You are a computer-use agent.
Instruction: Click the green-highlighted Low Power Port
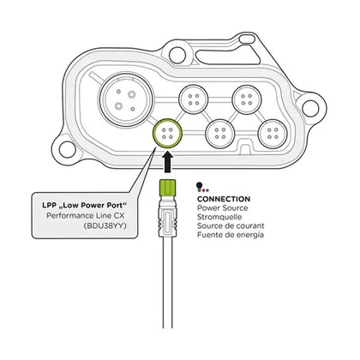167,134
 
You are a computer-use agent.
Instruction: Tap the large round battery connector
126,99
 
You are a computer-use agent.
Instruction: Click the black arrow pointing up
167,161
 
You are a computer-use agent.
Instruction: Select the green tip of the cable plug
167,187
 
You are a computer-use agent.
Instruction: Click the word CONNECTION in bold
224,199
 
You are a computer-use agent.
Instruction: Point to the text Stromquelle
219,217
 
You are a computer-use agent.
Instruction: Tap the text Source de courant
231,225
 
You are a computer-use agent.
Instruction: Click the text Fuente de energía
231,235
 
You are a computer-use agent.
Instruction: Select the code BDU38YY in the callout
105,225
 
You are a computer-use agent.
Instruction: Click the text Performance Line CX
86,215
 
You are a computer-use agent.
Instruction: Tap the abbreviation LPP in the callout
49,205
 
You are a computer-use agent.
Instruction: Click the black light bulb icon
199,186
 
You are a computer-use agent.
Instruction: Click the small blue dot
207,189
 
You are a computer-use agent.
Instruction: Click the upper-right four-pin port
246,99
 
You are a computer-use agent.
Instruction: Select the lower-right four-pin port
273,134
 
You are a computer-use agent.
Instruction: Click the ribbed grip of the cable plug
167,222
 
